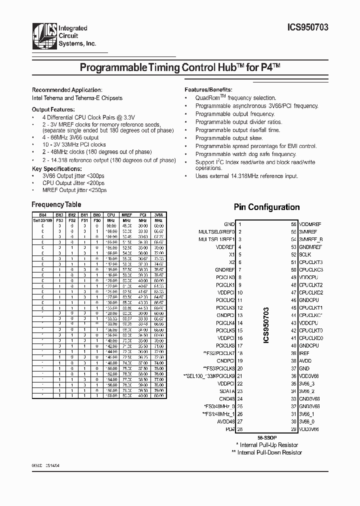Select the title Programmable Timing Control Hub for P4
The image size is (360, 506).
[179, 68]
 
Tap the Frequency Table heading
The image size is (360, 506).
[56, 204]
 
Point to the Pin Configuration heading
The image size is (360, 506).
[266, 207]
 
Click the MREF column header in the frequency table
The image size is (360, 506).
[127, 215]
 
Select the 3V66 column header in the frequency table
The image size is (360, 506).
[158, 215]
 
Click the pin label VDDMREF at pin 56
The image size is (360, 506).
[310, 224]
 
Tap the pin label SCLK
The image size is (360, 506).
[305, 254]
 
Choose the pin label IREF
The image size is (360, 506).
[304, 353]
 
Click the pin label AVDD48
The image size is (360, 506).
[225, 421]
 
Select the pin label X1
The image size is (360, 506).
[231, 254]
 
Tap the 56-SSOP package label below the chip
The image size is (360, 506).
[266, 437]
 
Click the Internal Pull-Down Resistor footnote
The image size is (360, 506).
[267, 452]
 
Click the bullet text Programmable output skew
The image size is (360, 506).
[228, 138]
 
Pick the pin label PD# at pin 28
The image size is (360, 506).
[230, 428]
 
